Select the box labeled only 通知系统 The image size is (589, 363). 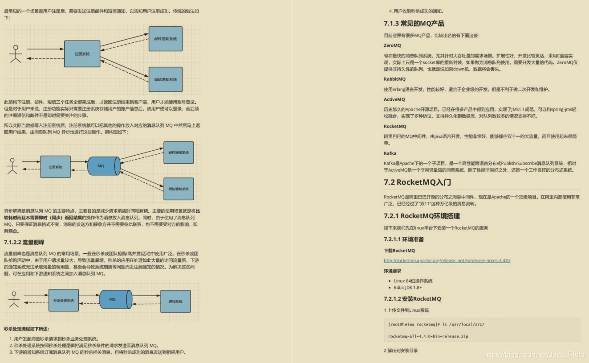pyautogui.click(x=175, y=301)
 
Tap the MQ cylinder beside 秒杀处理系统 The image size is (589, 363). pyautogui.click(x=115, y=300)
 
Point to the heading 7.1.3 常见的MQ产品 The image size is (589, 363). pyautogui.click(x=414, y=24)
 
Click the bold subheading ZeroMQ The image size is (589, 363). pyautogui.click(x=392, y=45)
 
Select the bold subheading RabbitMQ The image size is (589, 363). pyautogui.click(x=395, y=79)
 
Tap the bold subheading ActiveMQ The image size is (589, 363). pyautogui.click(x=394, y=99)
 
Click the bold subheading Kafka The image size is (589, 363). pyautogui.click(x=390, y=153)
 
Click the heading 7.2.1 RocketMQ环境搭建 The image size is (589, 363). pyautogui.click(x=422, y=216)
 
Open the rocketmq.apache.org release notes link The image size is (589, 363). pyautogui.click(x=447, y=260)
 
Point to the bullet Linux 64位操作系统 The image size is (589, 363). pyautogui.click(x=413, y=281)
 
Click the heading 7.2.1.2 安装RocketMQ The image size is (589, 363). pyautogui.click(x=412, y=299)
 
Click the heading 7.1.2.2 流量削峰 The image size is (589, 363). pyautogui.click(x=24, y=242)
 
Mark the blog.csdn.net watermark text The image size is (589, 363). pyautogui.click(x=534, y=355)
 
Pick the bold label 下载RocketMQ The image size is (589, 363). pyautogui.click(x=399, y=251)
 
